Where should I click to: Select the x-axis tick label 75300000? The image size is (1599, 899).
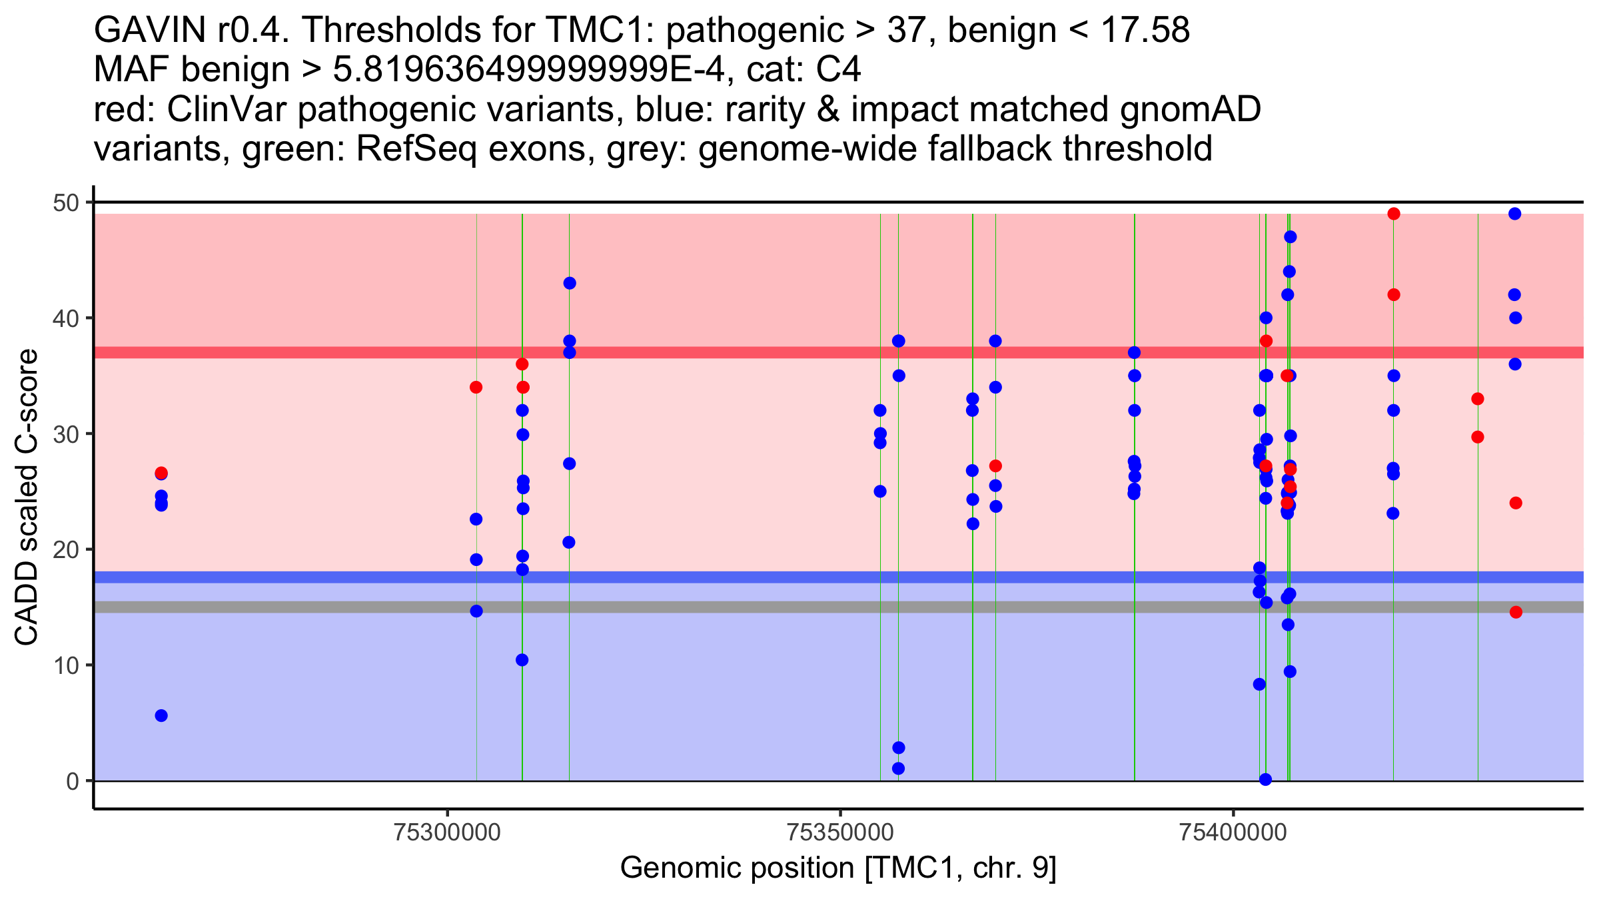click(447, 833)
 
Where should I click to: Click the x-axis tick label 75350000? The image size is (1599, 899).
click(840, 833)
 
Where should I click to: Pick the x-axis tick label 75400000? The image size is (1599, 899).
click(1233, 833)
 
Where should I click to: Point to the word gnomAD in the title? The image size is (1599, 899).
click(1191, 110)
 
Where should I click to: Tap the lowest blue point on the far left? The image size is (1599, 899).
click(161, 716)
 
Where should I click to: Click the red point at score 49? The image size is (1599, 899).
click(1394, 214)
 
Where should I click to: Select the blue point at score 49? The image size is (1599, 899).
click(1515, 214)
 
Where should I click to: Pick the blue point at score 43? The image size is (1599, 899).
click(570, 283)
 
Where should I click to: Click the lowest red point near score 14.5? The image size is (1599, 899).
click(1516, 613)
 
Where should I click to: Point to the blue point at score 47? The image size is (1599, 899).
click(1291, 237)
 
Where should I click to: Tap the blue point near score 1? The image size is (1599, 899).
click(899, 768)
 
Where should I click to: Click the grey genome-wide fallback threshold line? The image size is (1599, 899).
click(839, 607)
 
